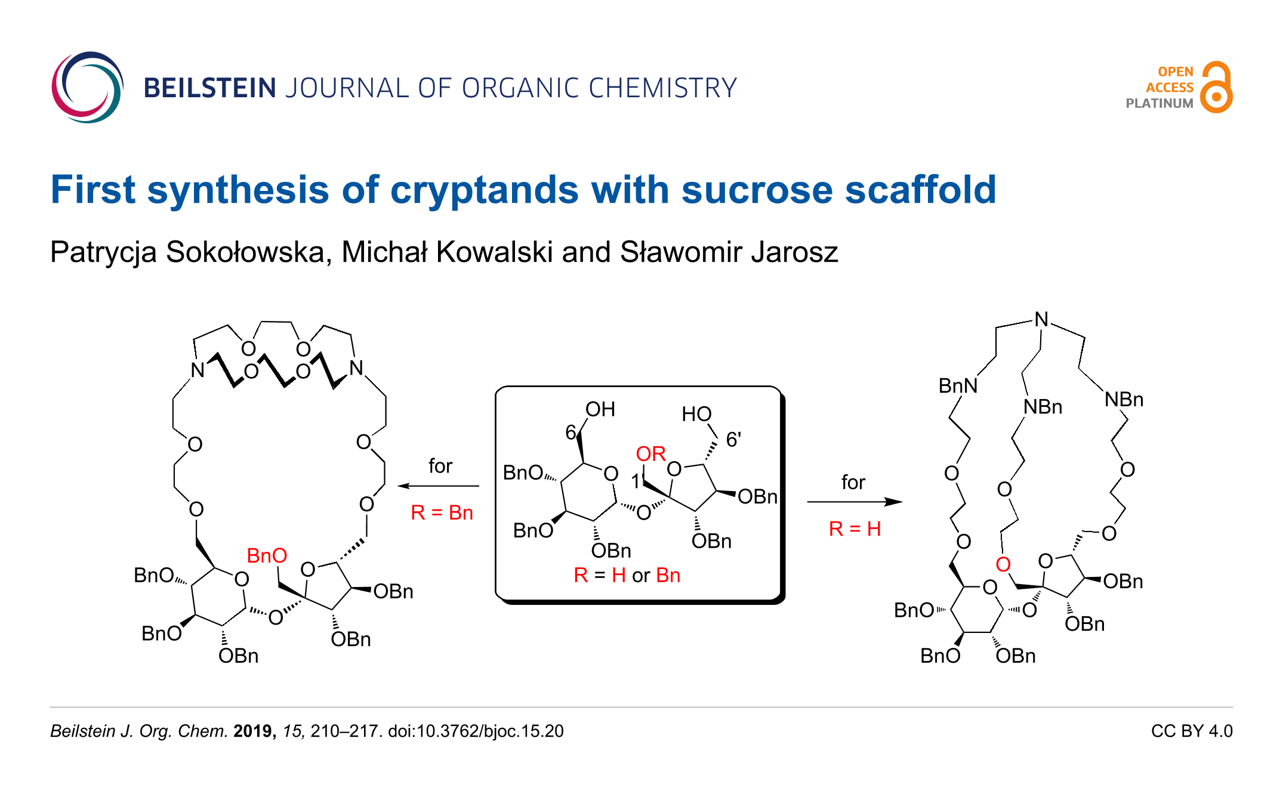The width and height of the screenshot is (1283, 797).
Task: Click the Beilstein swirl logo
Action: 87,88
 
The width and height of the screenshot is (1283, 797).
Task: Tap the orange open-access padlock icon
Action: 1217,88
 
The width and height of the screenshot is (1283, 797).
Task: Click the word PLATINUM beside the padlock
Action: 1159,103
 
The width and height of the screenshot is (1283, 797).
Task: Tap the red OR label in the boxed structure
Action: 650,454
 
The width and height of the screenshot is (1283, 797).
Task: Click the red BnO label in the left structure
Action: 267,555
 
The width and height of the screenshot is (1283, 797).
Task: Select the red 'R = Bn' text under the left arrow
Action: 442,512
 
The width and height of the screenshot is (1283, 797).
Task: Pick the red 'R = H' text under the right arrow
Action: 855,529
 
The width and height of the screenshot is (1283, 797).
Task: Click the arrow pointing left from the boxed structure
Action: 439,486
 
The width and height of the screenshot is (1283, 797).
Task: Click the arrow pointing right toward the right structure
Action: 854,502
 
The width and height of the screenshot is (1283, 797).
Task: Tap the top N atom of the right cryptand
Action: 1041,319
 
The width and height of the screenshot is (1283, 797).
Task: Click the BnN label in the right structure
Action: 958,386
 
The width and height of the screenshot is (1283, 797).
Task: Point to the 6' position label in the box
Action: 733,440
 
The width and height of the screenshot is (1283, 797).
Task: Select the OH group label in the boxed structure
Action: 600,409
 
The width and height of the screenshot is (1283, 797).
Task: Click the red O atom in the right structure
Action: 1003,564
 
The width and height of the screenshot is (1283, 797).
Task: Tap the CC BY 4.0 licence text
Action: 1192,731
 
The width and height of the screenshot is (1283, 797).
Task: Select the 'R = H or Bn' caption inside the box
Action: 627,575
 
